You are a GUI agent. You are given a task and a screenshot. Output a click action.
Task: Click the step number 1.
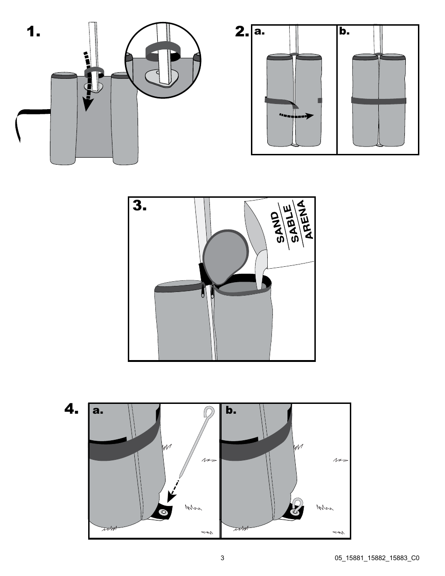tap(34, 32)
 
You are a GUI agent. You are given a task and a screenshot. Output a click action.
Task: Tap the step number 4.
tap(73, 410)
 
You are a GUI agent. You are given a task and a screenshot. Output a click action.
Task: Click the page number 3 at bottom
tap(222, 558)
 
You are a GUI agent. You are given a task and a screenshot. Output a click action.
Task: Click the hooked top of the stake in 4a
tap(209, 412)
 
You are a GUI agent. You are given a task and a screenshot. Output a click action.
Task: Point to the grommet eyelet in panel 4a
tap(163, 513)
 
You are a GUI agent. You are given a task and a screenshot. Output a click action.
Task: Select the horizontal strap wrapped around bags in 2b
tap(378, 100)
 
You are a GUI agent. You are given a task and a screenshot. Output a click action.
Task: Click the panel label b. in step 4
tap(231, 411)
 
